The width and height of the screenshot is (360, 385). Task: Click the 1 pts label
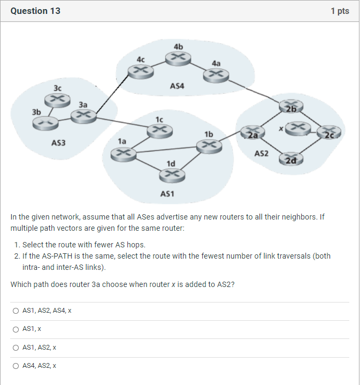pyautogui.click(x=340, y=11)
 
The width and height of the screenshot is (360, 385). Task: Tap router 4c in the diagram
pyautogui.click(x=140, y=70)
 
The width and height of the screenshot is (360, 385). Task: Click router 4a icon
pyautogui.click(x=216, y=76)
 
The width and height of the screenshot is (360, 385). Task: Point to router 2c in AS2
pyautogui.click(x=328, y=132)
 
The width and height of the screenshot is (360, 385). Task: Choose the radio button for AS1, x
pyautogui.click(x=16, y=329)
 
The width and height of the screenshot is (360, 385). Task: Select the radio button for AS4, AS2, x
pyautogui.click(x=16, y=366)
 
